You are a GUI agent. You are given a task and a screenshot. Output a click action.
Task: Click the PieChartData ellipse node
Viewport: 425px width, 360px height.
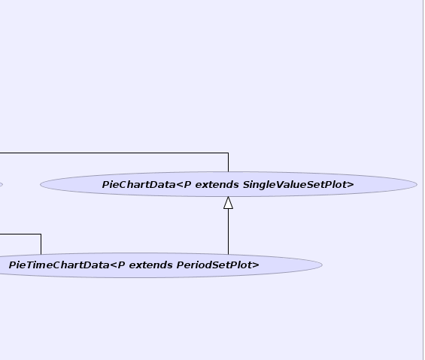[229, 184]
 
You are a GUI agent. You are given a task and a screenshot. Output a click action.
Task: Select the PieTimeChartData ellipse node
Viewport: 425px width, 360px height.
[161, 265]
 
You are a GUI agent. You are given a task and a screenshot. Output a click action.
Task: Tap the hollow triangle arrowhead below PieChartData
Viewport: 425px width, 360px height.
[228, 203]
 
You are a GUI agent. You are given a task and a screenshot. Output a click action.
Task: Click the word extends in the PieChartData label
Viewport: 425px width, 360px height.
[217, 185]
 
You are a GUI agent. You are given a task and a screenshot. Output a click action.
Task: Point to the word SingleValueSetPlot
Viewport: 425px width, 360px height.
[295, 185]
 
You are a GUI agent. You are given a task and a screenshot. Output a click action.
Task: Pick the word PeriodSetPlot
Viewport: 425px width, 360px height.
[214, 265]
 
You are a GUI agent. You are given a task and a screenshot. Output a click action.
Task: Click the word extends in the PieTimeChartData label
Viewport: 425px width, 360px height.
[150, 265]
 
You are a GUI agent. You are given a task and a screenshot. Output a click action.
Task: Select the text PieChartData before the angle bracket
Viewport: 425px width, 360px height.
[138, 185]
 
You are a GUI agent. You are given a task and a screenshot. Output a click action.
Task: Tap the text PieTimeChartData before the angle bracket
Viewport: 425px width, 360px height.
[59, 265]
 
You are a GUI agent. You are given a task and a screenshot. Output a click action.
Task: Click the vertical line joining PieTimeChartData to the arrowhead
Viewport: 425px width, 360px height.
[228, 231]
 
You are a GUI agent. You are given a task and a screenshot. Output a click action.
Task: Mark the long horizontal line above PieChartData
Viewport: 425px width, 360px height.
[114, 153]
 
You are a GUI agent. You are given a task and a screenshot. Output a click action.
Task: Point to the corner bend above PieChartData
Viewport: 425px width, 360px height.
[228, 153]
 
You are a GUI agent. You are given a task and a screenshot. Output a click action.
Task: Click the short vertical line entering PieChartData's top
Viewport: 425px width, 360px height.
[228, 162]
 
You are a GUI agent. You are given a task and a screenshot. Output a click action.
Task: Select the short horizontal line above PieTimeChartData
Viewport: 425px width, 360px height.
[20, 234]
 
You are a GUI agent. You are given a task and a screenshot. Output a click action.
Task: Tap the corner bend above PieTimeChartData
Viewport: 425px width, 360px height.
[41, 234]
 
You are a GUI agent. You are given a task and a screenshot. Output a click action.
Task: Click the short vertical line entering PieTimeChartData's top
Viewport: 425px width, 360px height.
[41, 244]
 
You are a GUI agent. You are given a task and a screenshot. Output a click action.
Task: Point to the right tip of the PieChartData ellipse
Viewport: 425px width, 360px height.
[417, 184]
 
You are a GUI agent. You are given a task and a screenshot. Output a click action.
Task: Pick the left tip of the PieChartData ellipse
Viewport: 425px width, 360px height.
[41, 184]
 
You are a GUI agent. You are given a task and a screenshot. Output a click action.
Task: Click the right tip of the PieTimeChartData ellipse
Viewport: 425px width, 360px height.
[322, 265]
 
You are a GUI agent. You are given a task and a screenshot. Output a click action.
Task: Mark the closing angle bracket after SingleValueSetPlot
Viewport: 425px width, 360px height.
[351, 185]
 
